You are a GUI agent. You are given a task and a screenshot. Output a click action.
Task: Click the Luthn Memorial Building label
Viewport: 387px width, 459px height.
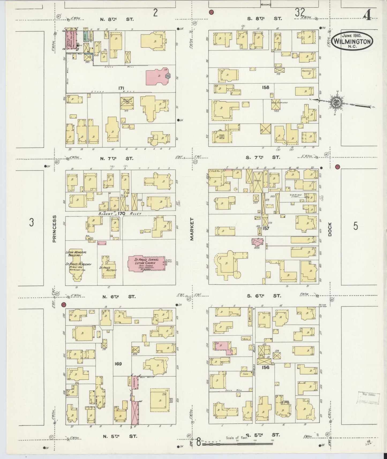(76, 254)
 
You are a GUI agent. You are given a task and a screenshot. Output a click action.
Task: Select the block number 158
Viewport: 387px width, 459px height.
(266, 87)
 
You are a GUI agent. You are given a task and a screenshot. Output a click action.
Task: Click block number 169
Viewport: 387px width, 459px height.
(118, 364)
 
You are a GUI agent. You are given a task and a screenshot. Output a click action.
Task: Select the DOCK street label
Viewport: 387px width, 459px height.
(330, 229)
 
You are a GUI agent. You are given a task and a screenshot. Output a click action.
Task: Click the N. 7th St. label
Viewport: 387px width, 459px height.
(116, 159)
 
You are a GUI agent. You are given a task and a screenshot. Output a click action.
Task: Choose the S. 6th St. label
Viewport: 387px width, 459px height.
(264, 296)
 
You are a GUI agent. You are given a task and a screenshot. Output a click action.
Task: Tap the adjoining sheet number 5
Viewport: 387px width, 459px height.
(355, 226)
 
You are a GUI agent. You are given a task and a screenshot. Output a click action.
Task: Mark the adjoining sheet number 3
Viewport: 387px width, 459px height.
(31, 222)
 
